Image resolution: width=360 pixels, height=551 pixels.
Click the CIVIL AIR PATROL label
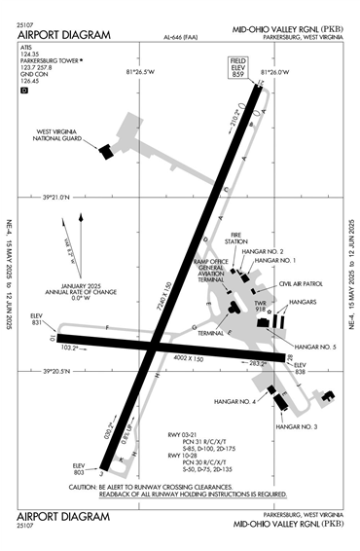300,284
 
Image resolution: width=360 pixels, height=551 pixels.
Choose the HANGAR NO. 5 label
314,347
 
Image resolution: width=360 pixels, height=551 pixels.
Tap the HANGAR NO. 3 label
297,427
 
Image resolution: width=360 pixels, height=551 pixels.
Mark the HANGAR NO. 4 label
239,401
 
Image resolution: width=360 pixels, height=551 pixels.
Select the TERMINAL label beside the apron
211,332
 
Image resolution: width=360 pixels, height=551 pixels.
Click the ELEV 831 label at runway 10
38,319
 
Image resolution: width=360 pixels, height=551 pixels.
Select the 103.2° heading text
69,348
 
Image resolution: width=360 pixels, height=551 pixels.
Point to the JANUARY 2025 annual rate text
75,284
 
